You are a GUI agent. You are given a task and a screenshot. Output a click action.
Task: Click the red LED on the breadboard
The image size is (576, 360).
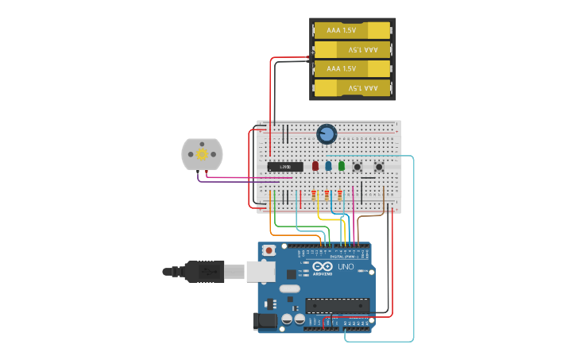(315, 166)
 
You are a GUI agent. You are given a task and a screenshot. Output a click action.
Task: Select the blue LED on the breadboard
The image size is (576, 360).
(328, 166)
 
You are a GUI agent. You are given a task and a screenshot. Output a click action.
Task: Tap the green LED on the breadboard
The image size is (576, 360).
(342, 166)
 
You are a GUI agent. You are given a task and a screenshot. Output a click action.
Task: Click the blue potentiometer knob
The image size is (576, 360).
(326, 134)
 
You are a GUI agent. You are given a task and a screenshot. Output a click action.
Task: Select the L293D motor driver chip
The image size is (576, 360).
(284, 167)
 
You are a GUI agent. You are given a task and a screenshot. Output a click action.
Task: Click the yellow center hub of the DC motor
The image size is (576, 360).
(202, 154)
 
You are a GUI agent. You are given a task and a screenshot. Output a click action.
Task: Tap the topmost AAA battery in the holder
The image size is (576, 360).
(353, 31)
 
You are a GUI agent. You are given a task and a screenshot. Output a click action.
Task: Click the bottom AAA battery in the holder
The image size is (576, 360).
(353, 87)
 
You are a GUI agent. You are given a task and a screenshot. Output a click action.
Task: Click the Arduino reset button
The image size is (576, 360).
(269, 250)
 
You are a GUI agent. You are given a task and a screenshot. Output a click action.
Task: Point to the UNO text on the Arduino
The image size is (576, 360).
(346, 268)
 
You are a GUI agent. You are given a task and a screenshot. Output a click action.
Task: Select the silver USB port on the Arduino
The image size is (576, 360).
(260, 272)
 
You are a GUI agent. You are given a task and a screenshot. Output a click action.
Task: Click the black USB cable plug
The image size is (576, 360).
(203, 272)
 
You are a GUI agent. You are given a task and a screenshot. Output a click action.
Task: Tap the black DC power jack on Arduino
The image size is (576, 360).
(265, 321)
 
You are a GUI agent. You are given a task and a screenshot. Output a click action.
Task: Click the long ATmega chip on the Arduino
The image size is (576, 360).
(338, 305)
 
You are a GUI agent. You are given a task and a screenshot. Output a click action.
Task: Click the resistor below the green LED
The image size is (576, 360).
(340, 193)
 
